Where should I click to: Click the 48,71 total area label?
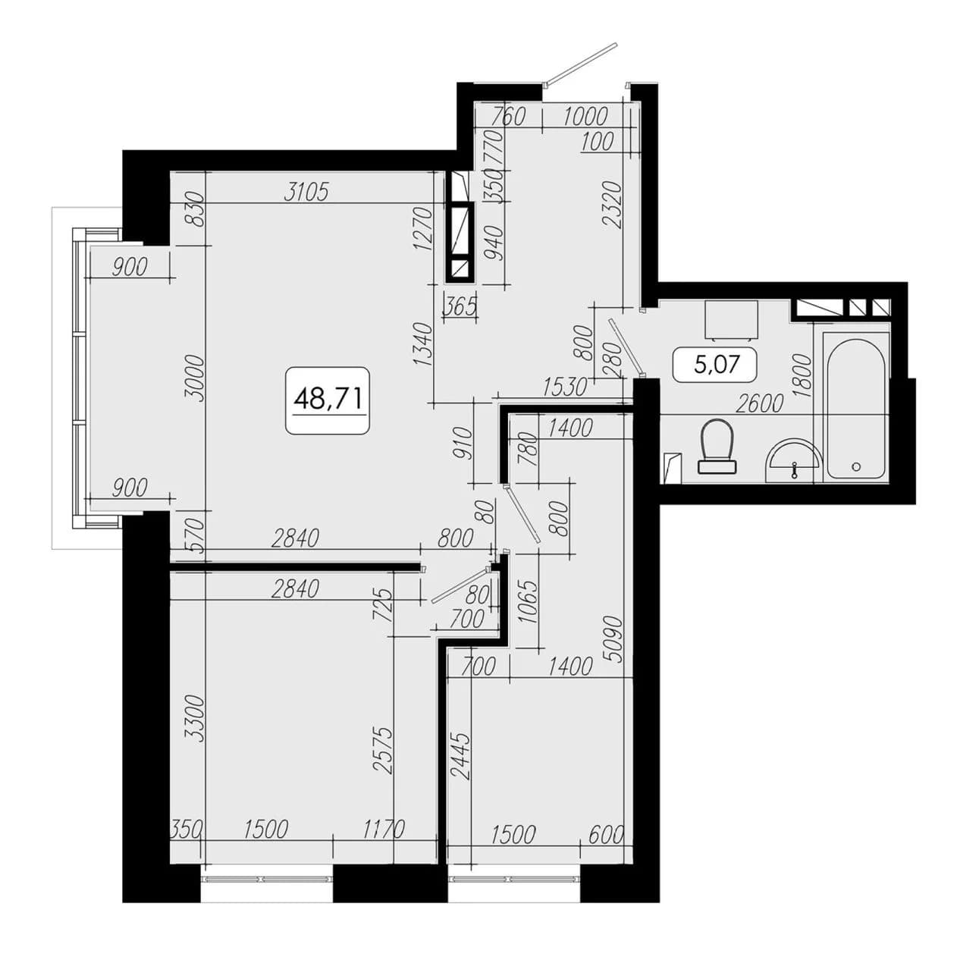coord(328,399)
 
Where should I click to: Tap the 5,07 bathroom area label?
coord(716,365)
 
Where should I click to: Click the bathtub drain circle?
coord(856,466)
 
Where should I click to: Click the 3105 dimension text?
coord(306,192)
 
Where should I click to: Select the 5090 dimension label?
coord(616,640)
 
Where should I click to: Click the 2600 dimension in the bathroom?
coord(759,403)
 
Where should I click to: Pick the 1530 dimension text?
coord(565,387)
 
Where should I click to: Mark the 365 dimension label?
coord(460,306)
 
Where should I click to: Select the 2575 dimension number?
coord(384,751)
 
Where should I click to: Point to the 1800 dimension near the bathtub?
coord(803,375)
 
